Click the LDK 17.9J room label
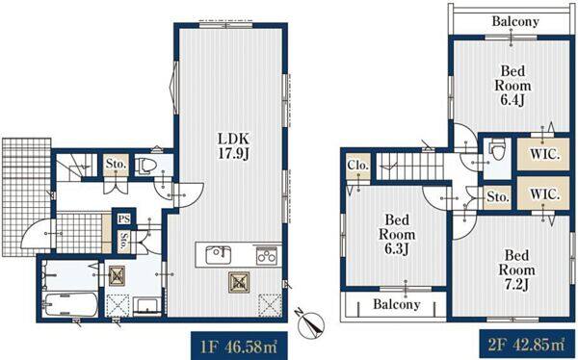point(234,146)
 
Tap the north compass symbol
point(310,323)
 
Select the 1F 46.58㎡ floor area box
point(239,346)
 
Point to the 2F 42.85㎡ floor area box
point(527,345)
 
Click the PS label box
point(124,219)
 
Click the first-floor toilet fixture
point(144,167)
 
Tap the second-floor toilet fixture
point(497,149)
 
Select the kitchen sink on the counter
point(219,255)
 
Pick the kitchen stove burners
point(267,255)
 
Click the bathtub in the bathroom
point(70,304)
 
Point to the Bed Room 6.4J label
point(512,85)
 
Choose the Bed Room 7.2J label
point(516,270)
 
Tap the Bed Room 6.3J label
point(397,234)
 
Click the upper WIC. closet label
point(544,154)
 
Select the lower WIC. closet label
point(544,193)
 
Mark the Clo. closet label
point(357,166)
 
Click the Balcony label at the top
point(515,21)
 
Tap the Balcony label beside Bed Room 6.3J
point(397,304)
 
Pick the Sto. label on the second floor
point(498,197)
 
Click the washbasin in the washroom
point(147,306)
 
